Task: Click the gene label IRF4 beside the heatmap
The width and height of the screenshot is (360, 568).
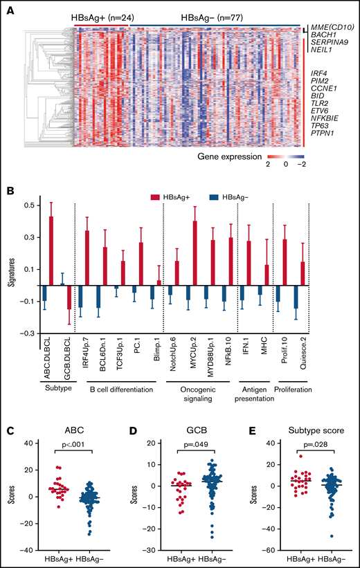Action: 320,73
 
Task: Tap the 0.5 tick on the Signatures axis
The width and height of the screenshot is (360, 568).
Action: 28,205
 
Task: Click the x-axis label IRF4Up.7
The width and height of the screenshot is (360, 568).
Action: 87,358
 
